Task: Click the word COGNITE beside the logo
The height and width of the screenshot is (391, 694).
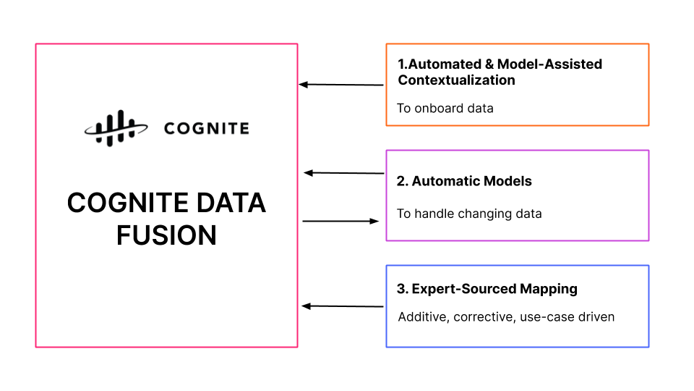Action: click(206, 129)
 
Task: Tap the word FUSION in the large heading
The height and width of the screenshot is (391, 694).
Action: click(166, 235)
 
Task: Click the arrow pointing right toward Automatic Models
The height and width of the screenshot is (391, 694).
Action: click(340, 221)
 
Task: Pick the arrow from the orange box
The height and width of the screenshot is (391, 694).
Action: click(341, 85)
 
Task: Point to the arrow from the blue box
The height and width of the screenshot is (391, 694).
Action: click(342, 306)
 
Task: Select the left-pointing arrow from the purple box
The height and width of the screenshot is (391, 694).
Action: click(343, 173)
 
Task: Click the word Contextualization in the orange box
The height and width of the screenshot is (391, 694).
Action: click(456, 80)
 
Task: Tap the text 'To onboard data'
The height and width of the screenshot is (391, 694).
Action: click(445, 108)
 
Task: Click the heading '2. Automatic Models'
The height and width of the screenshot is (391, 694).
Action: click(463, 181)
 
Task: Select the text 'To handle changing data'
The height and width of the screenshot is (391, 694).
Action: click(468, 214)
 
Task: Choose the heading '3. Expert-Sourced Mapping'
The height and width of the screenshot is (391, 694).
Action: click(487, 289)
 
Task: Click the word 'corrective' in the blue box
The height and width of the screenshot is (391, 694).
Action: click(484, 317)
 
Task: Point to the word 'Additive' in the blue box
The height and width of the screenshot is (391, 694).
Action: click(423, 317)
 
